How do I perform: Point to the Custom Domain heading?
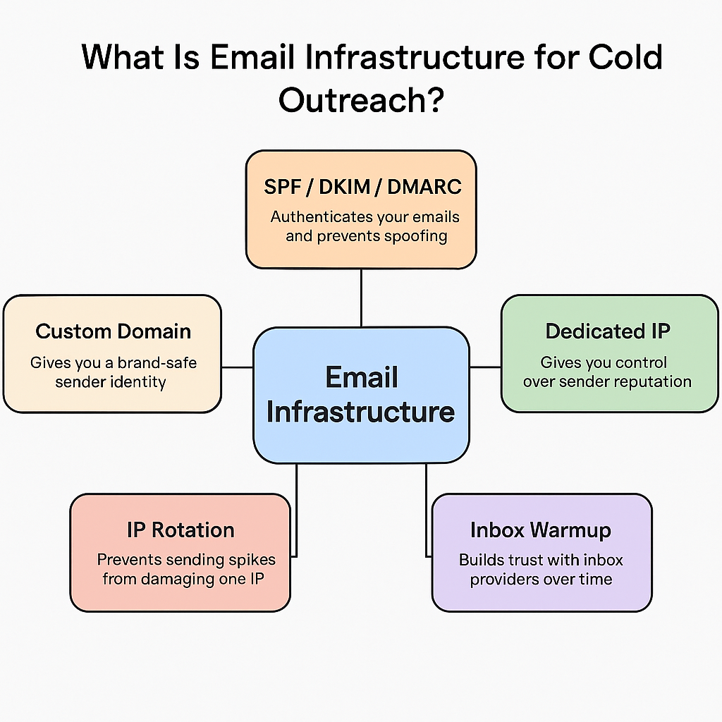point(113,331)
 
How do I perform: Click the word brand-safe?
point(157,363)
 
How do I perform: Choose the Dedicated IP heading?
point(607,331)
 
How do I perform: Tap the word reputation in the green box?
point(653,381)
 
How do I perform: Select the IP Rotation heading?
point(180,530)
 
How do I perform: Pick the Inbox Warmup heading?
point(541,530)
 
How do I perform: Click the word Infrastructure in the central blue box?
point(361,412)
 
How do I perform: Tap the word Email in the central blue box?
point(361,378)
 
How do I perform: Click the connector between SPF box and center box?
point(361,298)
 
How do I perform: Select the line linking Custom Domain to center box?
point(238,367)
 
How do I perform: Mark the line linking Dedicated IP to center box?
point(485,367)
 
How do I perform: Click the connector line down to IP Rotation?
point(296,508)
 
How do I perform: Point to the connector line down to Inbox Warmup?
point(426,508)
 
